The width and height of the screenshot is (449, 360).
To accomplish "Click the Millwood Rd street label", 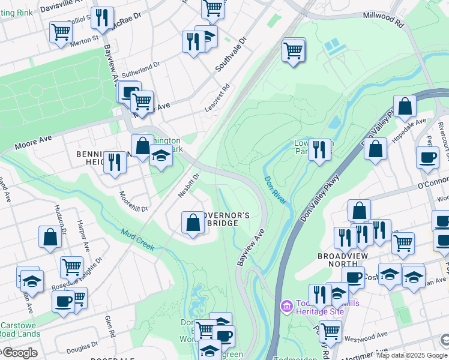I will [382, 19].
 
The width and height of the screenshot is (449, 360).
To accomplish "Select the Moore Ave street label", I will [33, 142].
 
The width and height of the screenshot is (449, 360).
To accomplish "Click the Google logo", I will [19, 353].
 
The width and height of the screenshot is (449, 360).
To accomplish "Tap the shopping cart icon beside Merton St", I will [61, 32].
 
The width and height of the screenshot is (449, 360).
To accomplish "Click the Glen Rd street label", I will [109, 327].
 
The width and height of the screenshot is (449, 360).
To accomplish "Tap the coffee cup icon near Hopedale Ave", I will [427, 158].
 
